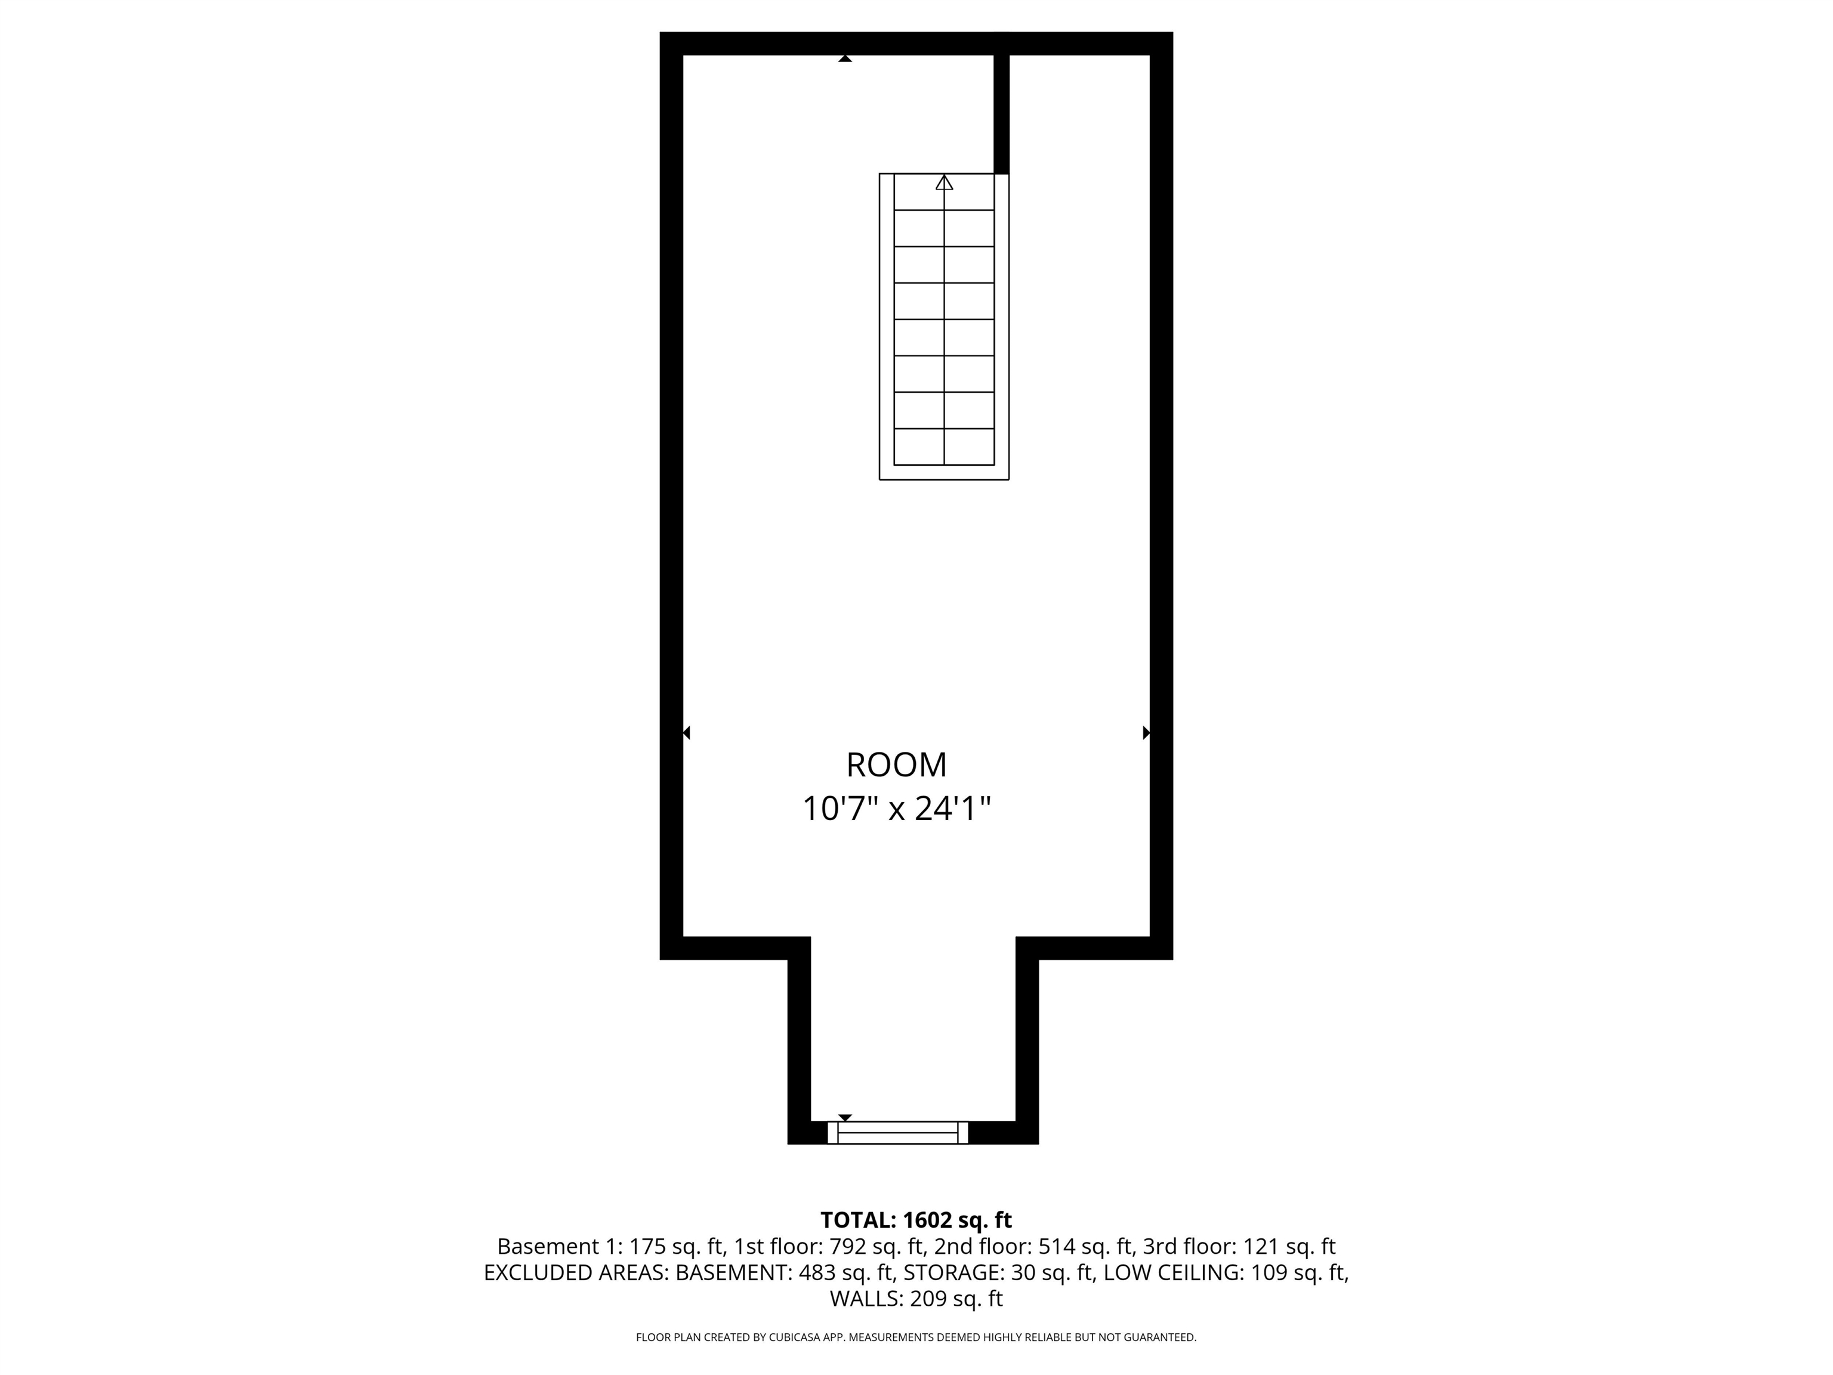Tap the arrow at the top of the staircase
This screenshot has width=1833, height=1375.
tap(944, 183)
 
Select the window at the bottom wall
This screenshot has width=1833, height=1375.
tap(898, 1132)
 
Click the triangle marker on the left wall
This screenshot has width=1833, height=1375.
tap(686, 733)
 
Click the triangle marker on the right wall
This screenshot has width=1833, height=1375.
tap(1146, 733)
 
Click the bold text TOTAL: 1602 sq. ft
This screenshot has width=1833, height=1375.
tap(916, 1220)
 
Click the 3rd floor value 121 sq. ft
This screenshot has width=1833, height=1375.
tap(1289, 1247)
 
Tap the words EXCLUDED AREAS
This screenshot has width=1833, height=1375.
tap(575, 1273)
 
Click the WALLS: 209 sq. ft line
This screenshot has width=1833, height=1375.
tap(916, 1299)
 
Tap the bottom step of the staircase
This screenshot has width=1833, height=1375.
tap(944, 447)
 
